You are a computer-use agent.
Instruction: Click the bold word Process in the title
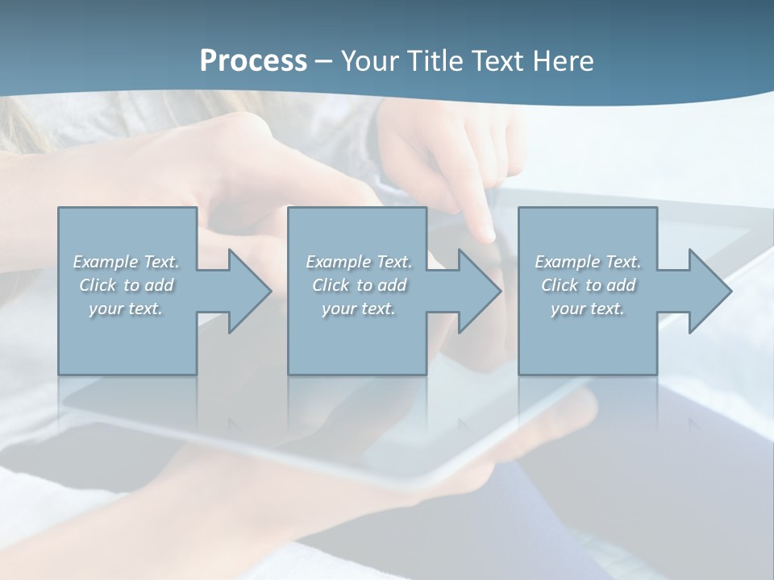pos(253,61)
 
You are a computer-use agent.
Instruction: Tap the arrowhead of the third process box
pos(709,291)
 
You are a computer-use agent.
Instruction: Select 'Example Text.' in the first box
pos(126,262)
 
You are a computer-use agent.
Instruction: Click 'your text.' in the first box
pos(126,309)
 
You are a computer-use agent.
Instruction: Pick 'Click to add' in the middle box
pos(359,285)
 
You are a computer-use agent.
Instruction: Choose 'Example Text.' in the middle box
pos(359,262)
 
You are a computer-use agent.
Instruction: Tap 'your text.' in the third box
pos(588,309)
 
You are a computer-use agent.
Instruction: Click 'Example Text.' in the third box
pos(588,262)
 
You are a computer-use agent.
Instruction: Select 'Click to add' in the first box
pos(126,285)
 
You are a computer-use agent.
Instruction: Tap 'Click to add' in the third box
pos(588,285)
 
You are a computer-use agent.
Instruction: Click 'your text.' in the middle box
pos(359,309)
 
